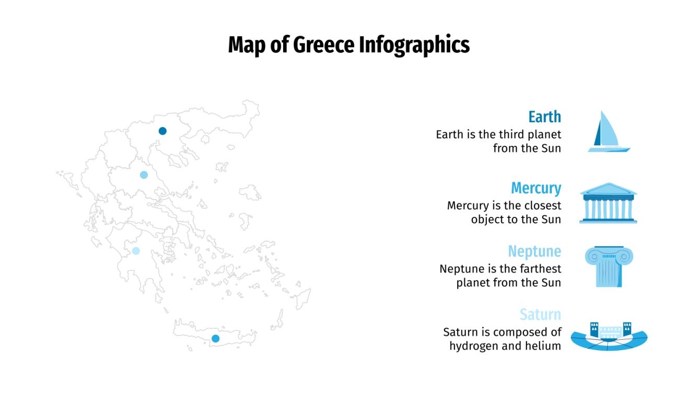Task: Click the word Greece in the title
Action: (324, 45)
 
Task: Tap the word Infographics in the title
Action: (414, 46)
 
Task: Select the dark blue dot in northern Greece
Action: (162, 131)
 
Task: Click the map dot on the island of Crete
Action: (215, 339)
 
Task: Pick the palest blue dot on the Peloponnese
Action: (136, 251)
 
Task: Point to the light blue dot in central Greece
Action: (144, 175)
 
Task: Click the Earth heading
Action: (544, 117)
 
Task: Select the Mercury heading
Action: (536, 188)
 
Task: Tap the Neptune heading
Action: (534, 251)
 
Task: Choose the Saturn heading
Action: (540, 315)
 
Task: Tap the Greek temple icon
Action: (608, 203)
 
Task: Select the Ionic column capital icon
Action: (609, 267)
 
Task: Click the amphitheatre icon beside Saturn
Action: (609, 336)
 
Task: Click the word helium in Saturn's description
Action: (544, 346)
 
